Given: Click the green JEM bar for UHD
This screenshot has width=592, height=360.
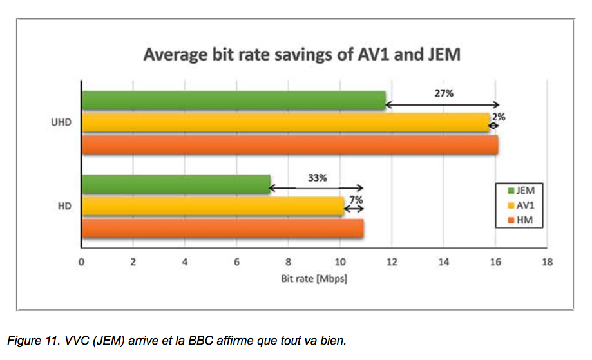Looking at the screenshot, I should (233, 100).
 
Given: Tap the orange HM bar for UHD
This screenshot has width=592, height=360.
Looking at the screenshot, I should (289, 145).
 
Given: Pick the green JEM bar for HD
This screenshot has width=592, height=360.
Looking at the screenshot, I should (176, 184).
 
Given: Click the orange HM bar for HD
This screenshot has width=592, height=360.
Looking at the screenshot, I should (222, 229).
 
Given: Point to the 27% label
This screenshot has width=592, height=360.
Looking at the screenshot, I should (444, 93).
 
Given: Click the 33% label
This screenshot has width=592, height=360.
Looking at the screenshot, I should (317, 178).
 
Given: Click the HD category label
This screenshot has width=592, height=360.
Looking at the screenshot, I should (64, 207).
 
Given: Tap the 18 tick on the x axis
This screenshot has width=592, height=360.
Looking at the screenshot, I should (548, 262).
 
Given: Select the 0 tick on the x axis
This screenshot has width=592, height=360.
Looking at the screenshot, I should (81, 262).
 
